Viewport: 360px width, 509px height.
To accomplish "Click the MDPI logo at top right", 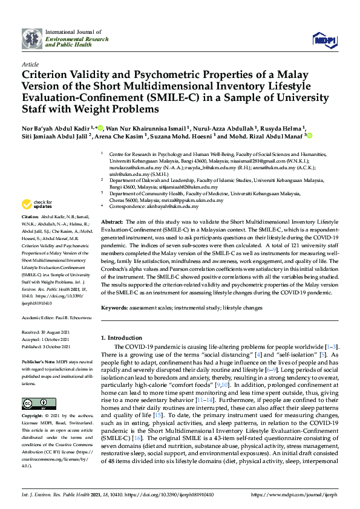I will click(x=324, y=39).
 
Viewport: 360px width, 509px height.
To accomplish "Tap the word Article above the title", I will click(x=30, y=63).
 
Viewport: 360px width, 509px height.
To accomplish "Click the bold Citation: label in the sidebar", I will click(x=30, y=216).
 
